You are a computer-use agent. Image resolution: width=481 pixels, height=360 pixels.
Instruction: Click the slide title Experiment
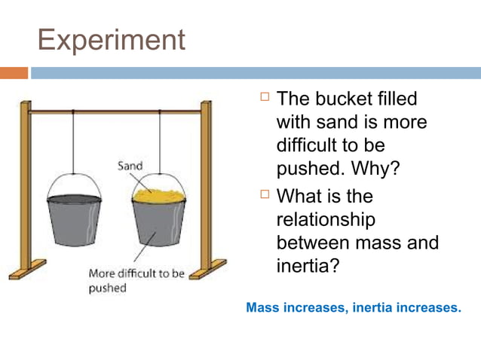click(111, 39)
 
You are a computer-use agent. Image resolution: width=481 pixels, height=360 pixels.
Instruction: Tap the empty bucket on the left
click(74, 218)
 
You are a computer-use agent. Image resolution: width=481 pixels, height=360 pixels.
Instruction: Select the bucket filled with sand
click(158, 222)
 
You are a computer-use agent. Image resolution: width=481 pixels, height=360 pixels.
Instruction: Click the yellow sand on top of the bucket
click(159, 195)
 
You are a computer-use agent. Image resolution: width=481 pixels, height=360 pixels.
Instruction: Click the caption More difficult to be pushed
click(136, 280)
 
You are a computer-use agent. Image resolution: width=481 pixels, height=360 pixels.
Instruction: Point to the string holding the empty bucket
click(73, 143)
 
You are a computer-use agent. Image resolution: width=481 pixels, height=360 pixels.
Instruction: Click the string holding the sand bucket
click(159, 143)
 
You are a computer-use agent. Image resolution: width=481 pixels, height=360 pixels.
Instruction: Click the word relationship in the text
click(325, 219)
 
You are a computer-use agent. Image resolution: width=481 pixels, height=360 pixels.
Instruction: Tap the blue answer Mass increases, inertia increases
click(353, 307)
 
